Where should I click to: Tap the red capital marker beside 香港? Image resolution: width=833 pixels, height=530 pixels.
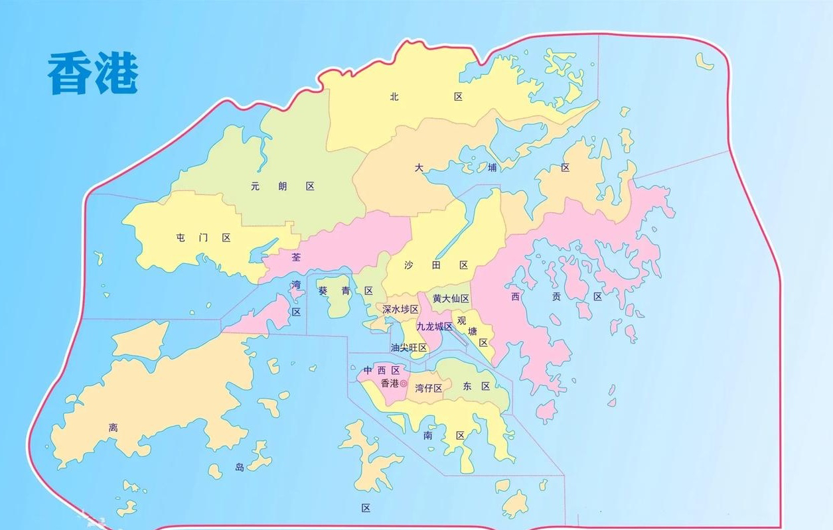(404, 383)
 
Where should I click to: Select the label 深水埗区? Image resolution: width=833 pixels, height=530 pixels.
(400, 310)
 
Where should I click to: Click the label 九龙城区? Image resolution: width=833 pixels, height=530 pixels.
(434, 327)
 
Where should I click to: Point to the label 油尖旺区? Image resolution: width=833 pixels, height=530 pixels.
(409, 348)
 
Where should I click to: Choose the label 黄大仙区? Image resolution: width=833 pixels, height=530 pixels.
(451, 299)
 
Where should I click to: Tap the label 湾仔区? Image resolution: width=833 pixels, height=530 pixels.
(428, 388)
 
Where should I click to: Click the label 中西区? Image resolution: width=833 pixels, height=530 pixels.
(382, 370)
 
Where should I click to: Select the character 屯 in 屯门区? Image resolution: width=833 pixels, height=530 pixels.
(181, 238)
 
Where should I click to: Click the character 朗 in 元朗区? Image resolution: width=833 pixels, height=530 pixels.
(283, 187)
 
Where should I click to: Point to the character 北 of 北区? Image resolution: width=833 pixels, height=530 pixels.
(394, 97)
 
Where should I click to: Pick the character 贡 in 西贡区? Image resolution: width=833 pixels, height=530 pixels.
(556, 297)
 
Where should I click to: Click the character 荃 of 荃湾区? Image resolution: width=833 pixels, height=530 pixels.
(296, 256)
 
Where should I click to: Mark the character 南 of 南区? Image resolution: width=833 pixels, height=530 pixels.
(428, 436)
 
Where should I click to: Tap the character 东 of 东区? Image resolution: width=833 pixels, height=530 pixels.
(468, 386)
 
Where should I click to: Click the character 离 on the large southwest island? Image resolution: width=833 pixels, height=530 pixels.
(114, 428)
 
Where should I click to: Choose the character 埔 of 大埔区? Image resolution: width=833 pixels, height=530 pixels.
(492, 168)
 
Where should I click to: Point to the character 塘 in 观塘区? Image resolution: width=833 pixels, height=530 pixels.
(473, 332)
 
